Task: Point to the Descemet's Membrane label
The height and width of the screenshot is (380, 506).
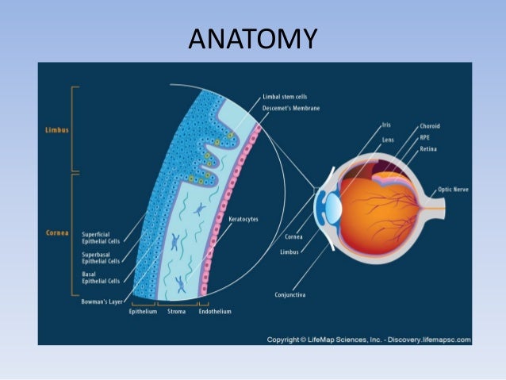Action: (x=292, y=108)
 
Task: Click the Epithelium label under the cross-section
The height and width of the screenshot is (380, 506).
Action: (x=142, y=312)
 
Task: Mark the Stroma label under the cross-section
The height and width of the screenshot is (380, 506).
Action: (x=176, y=312)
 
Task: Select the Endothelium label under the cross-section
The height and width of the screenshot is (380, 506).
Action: (x=214, y=312)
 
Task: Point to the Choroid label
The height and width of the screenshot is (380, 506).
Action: (x=431, y=126)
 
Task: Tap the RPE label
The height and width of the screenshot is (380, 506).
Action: (x=426, y=137)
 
